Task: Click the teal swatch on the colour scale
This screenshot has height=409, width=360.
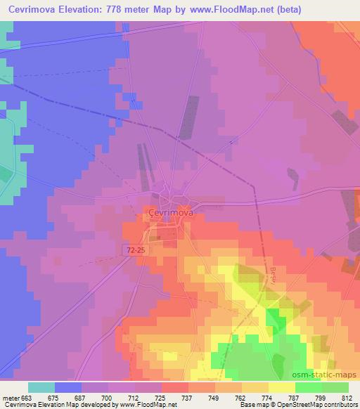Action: click(42, 387)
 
